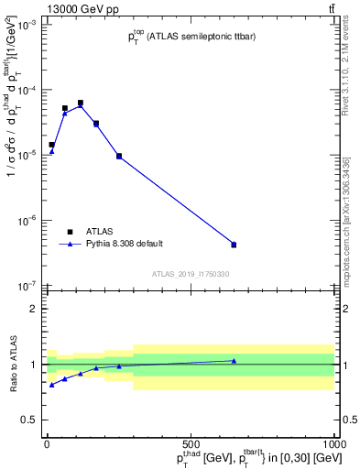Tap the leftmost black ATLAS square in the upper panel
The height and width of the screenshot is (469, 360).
[51, 145]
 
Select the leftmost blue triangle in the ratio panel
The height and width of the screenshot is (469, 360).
[51, 385]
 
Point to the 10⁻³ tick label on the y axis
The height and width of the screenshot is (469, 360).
[27, 26]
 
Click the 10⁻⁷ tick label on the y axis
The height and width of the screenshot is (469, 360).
[27, 286]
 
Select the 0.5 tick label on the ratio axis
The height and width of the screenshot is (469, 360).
[29, 420]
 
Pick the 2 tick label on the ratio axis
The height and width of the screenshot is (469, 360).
[34, 309]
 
